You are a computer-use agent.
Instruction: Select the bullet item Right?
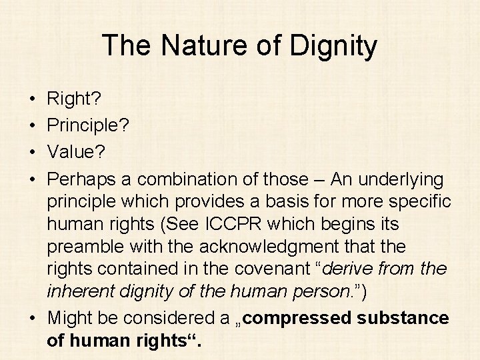73,99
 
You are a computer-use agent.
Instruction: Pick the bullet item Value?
76,153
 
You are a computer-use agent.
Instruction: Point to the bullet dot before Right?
33,100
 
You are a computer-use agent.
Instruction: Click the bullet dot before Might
33,319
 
